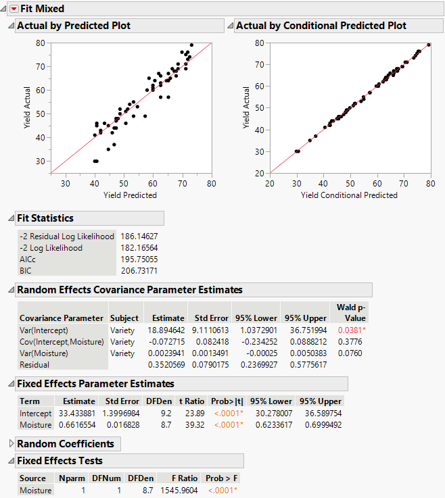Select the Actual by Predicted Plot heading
coord(73,26)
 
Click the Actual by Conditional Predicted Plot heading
coord(320,26)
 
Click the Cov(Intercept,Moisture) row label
coord(61,341)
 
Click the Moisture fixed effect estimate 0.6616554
coord(75,424)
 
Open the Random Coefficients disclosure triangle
coord(11,444)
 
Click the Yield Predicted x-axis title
coord(130,195)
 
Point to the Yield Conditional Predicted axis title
coord(349,195)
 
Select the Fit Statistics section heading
coord(45,218)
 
